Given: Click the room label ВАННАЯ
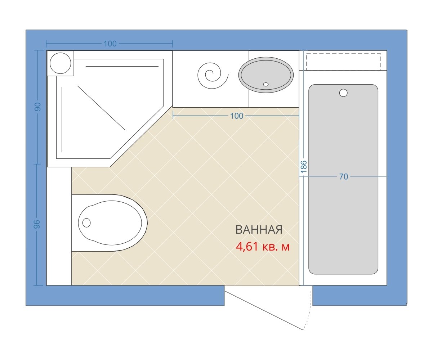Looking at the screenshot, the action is point(259,230).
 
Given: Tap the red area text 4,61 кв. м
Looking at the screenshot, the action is point(263,247).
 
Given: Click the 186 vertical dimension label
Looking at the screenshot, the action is point(304,167).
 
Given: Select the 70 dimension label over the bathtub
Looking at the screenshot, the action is point(344,177).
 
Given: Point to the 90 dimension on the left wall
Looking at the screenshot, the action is point(38,107).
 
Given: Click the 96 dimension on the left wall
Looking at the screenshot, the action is point(37,224).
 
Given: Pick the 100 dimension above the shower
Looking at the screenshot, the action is point(110,44).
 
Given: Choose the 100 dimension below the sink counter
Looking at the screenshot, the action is point(237,116).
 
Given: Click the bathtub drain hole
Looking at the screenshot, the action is point(343,93).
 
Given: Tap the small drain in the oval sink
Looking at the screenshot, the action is point(266,84).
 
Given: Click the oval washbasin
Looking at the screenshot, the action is point(266,75).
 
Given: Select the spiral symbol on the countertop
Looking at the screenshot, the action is point(213,76).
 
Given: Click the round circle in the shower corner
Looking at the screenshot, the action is point(61,63).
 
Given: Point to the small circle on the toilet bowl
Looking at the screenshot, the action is point(86,223).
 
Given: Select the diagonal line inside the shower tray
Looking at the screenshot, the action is point(101,108).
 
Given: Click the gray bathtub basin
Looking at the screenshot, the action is point(343,179).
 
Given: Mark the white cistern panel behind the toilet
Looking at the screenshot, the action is point(59,226).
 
